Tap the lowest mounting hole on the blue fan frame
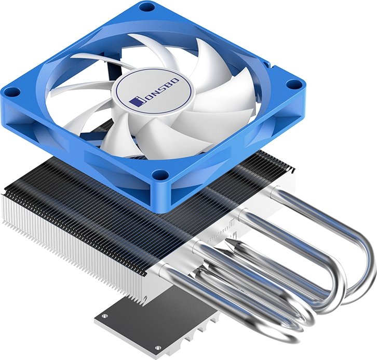point(159,175)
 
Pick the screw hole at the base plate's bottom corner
point(158,348)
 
